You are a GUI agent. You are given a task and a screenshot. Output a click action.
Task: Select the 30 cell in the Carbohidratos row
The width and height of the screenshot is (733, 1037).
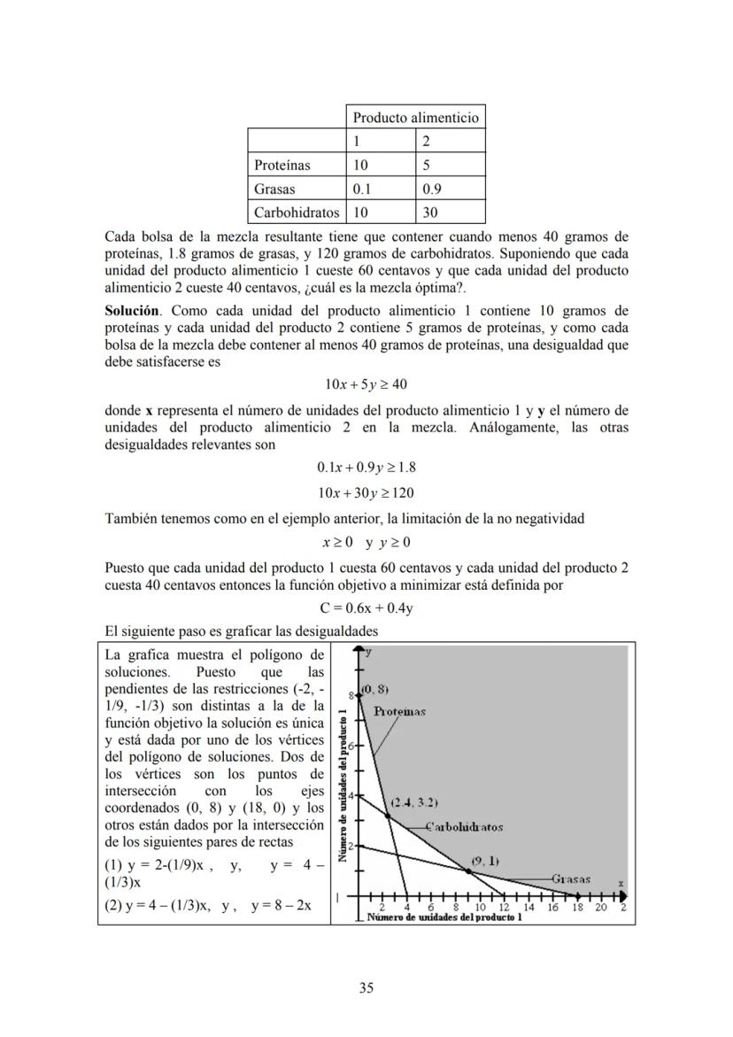pyautogui.click(x=430, y=213)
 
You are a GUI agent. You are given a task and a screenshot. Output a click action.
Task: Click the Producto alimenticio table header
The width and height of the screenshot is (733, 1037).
pyautogui.click(x=415, y=118)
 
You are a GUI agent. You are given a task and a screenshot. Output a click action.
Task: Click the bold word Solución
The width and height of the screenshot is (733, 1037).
pyautogui.click(x=132, y=311)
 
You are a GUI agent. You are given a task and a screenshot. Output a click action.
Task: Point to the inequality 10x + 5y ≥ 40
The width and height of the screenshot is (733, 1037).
pyautogui.click(x=366, y=384)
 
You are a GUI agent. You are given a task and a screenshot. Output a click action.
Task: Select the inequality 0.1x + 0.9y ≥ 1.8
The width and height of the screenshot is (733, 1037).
pyautogui.click(x=366, y=468)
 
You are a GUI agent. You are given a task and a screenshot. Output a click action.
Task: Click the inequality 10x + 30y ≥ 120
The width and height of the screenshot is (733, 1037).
pyautogui.click(x=366, y=493)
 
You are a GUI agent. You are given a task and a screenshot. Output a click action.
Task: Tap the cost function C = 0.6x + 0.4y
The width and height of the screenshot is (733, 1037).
pyautogui.click(x=366, y=608)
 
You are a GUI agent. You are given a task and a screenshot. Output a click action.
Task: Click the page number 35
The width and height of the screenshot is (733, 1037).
pyautogui.click(x=366, y=988)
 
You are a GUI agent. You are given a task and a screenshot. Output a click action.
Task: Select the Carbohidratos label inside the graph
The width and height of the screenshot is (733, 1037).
pyautogui.click(x=465, y=827)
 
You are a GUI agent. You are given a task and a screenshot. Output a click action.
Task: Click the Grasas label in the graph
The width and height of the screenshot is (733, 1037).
pyautogui.click(x=571, y=879)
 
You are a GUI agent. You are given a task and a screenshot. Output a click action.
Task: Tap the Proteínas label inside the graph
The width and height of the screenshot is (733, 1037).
pyautogui.click(x=399, y=711)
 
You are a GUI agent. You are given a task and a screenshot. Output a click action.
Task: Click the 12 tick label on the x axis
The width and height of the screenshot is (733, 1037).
pyautogui.click(x=504, y=908)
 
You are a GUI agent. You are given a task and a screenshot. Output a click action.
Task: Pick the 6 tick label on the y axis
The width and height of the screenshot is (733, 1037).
pyautogui.click(x=351, y=747)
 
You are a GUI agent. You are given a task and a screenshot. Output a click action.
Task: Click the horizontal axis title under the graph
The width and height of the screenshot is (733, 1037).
pyautogui.click(x=444, y=917)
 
